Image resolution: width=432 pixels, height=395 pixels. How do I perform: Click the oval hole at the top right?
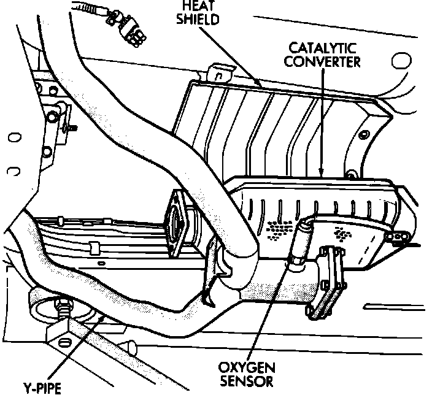coord(400,61)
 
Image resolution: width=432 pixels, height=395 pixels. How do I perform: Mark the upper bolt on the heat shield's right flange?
coord(366,135)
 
